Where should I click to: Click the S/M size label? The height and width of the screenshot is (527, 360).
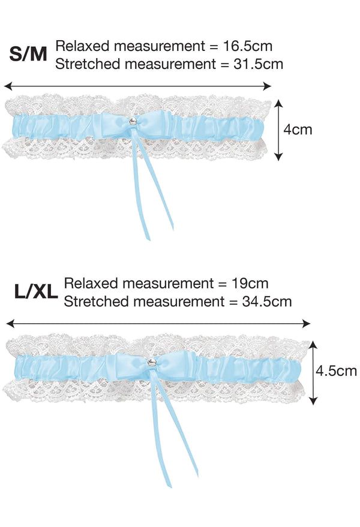point(28,54)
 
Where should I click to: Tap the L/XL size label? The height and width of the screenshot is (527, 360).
point(35,292)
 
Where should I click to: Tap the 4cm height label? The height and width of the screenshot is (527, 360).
point(298,130)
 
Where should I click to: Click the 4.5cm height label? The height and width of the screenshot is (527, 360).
point(336,371)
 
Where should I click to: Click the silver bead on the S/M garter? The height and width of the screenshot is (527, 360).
point(133,121)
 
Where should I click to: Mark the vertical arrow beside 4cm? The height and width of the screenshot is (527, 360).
point(278,130)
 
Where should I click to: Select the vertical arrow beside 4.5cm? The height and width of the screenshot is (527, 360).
point(313,372)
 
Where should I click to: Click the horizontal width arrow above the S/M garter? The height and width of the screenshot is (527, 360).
point(137,86)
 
